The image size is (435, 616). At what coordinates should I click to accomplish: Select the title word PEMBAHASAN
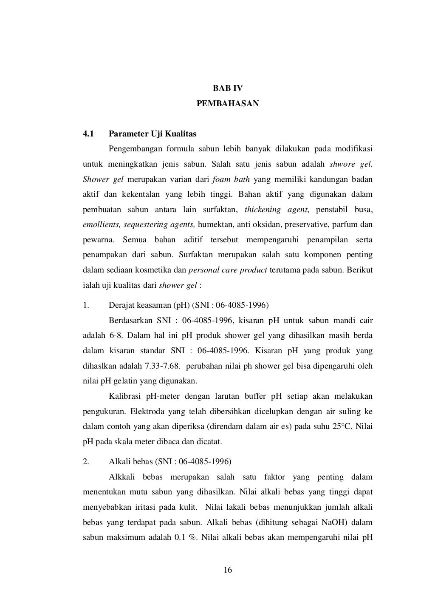227,103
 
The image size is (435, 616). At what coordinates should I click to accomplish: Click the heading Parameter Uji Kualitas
153,134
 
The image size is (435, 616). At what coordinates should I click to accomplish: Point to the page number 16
228,571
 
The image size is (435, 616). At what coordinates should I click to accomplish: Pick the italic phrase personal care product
228,270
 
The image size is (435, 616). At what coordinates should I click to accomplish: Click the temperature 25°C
342,426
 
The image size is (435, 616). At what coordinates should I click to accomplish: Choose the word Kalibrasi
125,396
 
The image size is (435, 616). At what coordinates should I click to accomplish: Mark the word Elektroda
147,412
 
